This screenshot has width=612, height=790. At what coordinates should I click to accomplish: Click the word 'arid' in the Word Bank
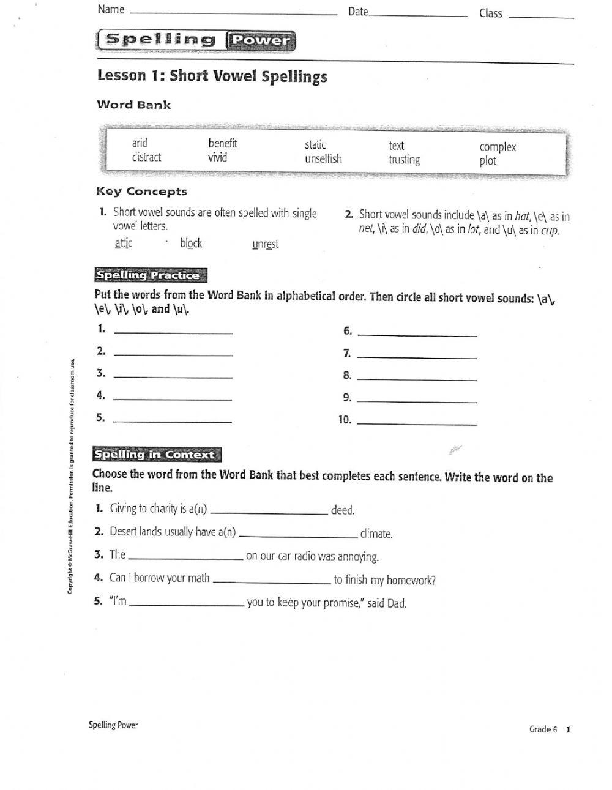[140, 143]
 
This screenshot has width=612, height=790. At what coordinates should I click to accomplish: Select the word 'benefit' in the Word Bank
[222, 144]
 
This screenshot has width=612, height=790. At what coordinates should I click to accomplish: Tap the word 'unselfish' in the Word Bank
[323, 159]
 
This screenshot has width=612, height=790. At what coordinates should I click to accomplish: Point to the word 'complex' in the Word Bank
[498, 147]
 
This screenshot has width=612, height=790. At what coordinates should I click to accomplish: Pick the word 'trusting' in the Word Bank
[404, 160]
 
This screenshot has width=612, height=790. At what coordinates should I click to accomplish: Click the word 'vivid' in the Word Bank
[217, 158]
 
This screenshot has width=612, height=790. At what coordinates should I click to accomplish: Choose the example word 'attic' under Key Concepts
[123, 244]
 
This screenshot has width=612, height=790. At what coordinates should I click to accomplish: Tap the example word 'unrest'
[265, 244]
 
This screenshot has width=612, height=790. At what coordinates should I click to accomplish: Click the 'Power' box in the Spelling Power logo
[261, 41]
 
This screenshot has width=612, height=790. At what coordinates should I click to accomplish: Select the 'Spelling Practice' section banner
[150, 275]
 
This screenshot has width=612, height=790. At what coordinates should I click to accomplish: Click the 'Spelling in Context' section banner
[155, 455]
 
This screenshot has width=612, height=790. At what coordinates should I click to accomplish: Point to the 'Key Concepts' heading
[141, 192]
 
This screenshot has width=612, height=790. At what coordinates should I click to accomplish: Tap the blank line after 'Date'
[418, 15]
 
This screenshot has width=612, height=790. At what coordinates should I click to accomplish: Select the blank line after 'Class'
[541, 17]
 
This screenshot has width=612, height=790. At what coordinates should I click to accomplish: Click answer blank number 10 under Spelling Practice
[416, 422]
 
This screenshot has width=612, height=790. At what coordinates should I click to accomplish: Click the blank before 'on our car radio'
[185, 558]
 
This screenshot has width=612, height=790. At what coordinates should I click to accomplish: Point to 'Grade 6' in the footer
[543, 729]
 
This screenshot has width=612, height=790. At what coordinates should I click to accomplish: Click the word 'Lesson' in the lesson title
[122, 76]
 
